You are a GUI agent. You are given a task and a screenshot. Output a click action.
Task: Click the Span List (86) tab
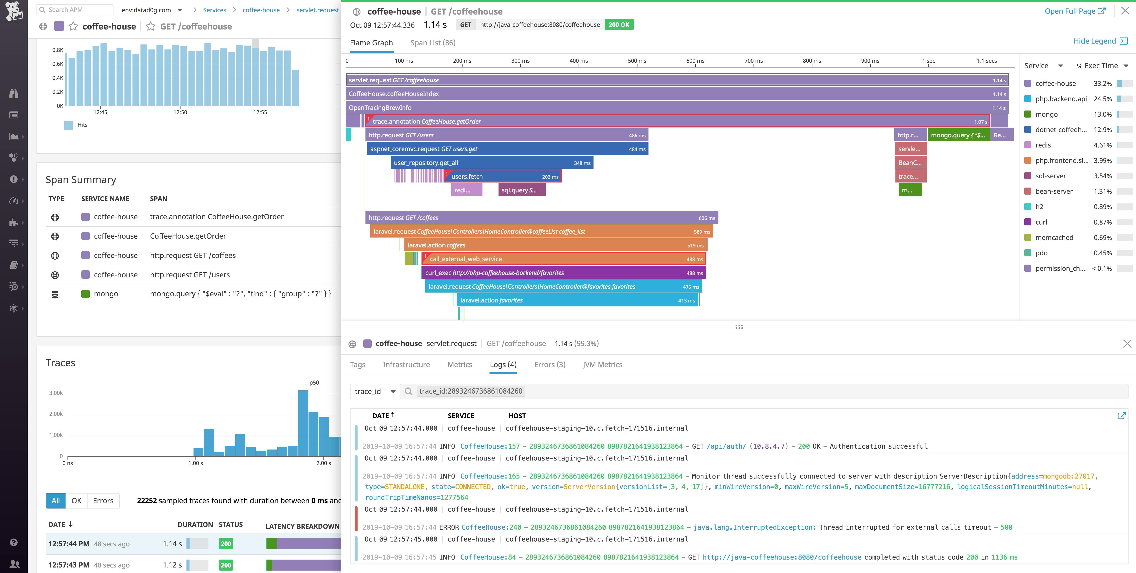[x=433, y=43]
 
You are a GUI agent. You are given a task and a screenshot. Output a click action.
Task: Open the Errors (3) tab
[x=550, y=365]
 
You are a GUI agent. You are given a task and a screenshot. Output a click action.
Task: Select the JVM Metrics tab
[x=602, y=365]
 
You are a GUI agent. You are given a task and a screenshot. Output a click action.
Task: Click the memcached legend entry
[x=1054, y=238]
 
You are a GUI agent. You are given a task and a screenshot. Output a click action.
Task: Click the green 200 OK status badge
[x=619, y=25]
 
